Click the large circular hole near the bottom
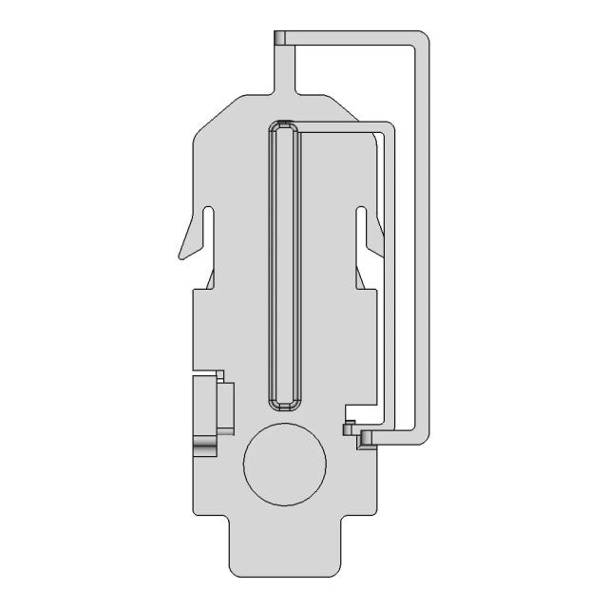(285, 463)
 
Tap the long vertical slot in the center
(284, 266)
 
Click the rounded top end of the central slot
(284, 126)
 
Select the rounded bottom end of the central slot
(284, 402)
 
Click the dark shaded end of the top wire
(279, 38)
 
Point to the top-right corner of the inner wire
(388, 126)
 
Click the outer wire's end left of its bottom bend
(365, 438)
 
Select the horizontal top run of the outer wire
(351, 38)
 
